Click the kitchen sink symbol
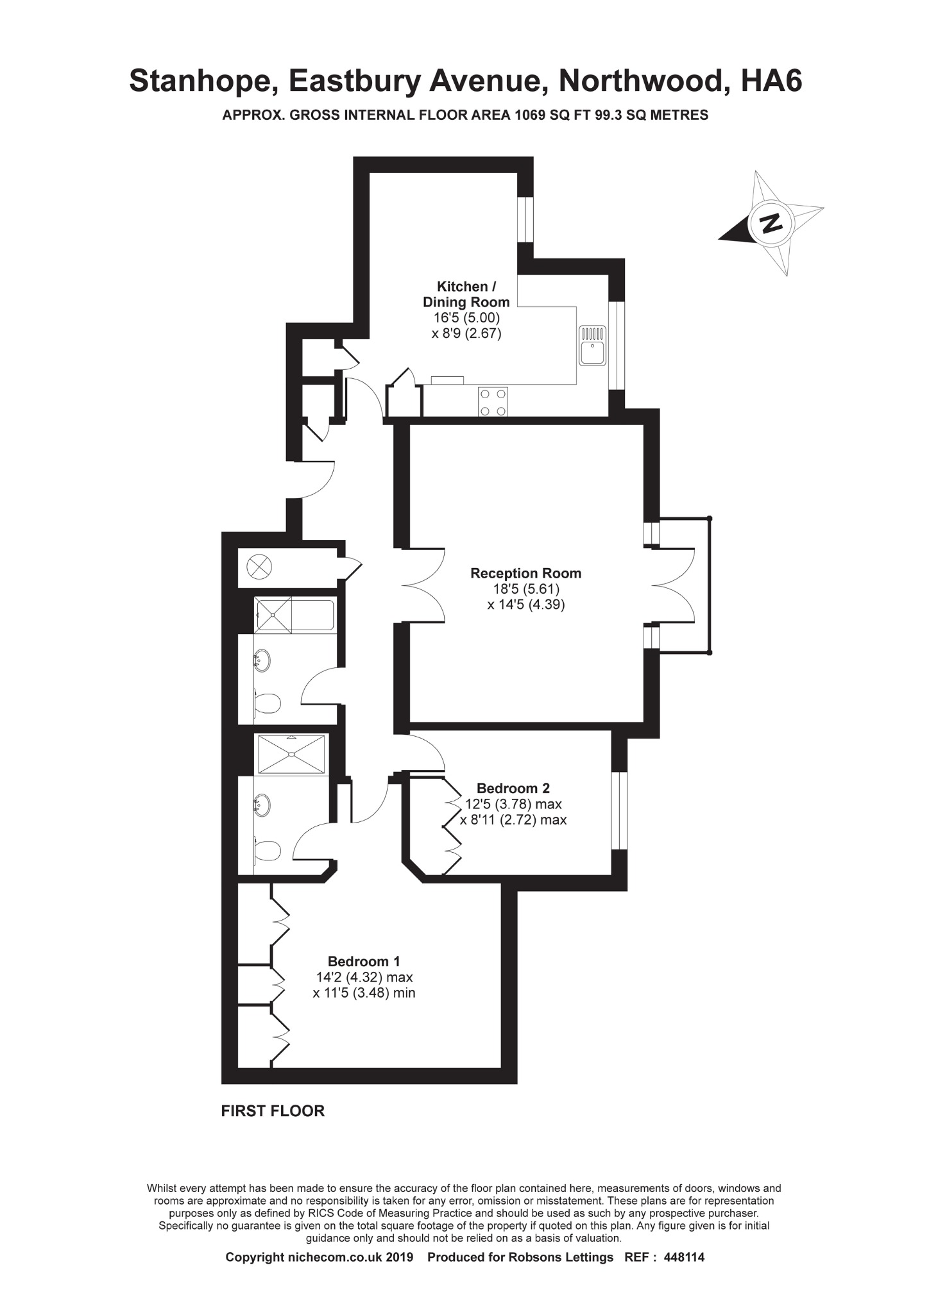point(592,346)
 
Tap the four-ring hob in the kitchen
point(493,402)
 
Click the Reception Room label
point(525,573)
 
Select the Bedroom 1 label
point(364,961)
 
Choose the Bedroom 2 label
point(513,788)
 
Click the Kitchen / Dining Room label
point(466,294)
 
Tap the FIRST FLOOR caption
point(273,1111)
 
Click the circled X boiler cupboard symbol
point(259,567)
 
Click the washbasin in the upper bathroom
point(262,660)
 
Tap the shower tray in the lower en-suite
point(292,754)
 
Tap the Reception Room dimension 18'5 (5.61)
point(525,589)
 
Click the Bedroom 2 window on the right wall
point(619,811)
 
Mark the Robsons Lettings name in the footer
point(561,1257)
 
